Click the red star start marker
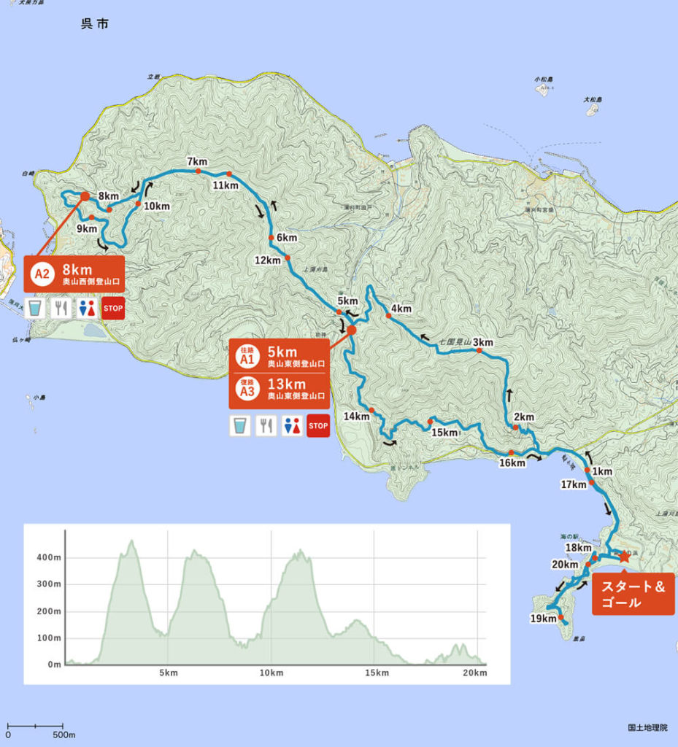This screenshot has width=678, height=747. coord(624,556)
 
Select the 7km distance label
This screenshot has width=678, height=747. coord(197,161)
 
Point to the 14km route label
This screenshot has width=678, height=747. coord(357,416)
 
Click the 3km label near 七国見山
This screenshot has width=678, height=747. coord(483,342)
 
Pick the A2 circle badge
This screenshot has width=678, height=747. coord(42,274)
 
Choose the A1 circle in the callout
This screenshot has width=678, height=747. coord(247,357)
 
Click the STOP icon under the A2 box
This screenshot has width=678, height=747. coord(113,309)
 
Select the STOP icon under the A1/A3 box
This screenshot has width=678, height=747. coord(318,425)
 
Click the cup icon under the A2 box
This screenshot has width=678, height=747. coord(35,309)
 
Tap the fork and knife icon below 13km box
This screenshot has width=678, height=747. coord(266,425)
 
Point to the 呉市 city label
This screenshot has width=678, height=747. coord(94,25)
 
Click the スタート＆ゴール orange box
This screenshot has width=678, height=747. coord(632,594)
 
